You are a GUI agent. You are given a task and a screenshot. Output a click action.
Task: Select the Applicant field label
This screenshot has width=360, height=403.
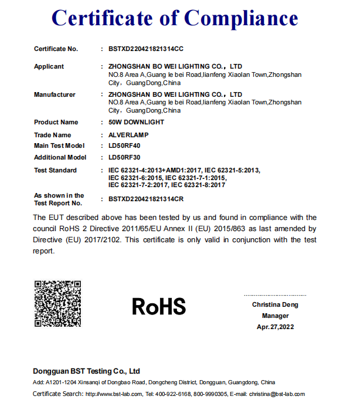click(49, 66)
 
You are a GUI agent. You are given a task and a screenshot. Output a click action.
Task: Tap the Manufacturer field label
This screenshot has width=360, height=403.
click(55, 94)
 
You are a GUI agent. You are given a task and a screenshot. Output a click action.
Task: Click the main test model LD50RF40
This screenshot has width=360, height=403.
click(124, 145)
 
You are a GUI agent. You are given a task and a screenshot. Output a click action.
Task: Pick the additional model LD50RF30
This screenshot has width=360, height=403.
click(124, 157)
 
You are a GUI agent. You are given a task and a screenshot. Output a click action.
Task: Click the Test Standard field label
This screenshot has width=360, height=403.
click(55, 170)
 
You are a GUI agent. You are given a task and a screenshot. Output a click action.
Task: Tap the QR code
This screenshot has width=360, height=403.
click(57, 303)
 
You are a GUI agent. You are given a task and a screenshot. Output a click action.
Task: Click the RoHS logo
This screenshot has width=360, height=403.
click(159, 306)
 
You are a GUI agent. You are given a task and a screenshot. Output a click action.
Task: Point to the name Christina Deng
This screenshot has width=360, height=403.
click(275, 304)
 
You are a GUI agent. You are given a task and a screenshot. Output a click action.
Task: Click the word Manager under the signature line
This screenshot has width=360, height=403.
click(275, 316)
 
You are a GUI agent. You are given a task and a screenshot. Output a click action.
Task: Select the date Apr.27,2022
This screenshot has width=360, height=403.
click(275, 327)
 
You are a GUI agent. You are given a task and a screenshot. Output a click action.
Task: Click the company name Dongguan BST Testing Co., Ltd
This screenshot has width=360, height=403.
click(87, 371)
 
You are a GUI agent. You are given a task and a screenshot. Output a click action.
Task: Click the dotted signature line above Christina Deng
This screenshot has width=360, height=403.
click(275, 295)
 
